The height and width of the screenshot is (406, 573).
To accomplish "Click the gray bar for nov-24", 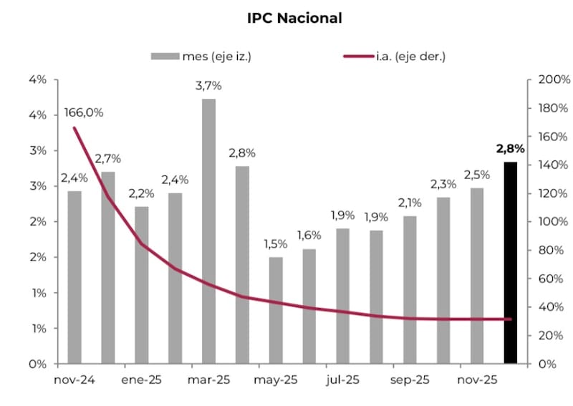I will tap(74, 276).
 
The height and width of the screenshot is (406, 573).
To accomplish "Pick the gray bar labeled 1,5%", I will tap(276, 309).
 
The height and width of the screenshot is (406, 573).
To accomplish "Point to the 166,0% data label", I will tap(84, 112).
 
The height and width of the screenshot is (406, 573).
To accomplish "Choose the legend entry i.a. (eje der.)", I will tap(410, 57).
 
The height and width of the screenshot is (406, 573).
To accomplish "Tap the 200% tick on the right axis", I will tap(554, 79).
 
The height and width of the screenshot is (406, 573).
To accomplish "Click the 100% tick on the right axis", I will tap(554, 222).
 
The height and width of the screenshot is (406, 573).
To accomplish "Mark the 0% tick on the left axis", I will tap(37, 364).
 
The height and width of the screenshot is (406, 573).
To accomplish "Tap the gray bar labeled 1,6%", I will tap(309, 306).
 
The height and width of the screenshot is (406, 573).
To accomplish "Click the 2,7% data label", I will tap(108, 158).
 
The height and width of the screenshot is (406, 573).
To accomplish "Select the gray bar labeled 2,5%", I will tap(477, 275).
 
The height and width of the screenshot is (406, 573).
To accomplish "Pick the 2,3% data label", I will tap(443, 184).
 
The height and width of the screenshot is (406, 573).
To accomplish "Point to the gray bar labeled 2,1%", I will tap(410, 289).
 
